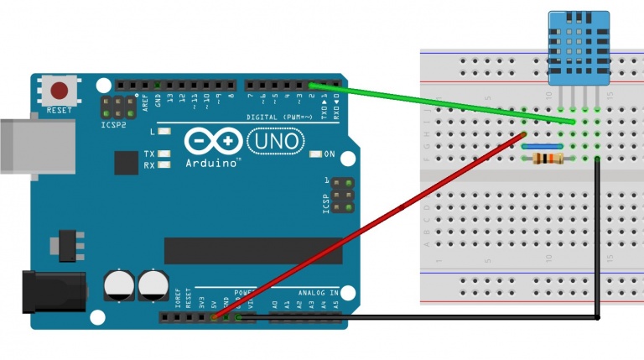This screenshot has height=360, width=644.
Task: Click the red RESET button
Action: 60,90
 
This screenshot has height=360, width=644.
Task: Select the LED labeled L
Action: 165,133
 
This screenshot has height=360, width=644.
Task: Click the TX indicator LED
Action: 165,154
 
